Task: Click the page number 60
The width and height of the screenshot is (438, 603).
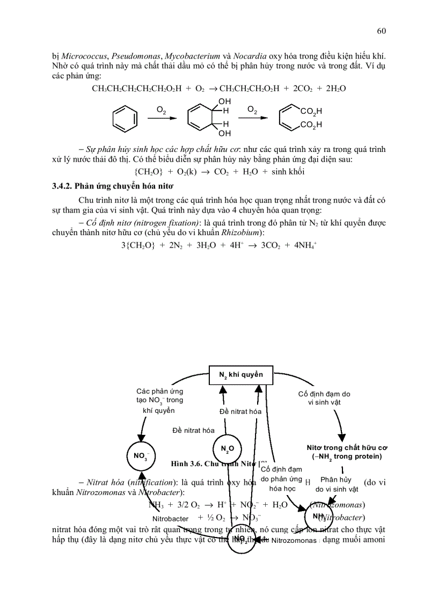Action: [381, 31]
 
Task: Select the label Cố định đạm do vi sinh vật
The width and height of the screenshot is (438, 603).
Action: [324, 398]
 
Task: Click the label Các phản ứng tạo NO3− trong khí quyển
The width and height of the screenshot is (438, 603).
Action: [159, 400]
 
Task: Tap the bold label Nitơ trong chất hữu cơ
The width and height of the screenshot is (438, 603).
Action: [347, 447]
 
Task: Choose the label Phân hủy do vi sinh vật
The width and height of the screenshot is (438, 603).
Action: [336, 484]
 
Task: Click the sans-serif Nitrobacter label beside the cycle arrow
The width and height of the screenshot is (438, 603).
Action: [170, 519]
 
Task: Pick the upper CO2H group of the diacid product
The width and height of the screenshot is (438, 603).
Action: [311, 112]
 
